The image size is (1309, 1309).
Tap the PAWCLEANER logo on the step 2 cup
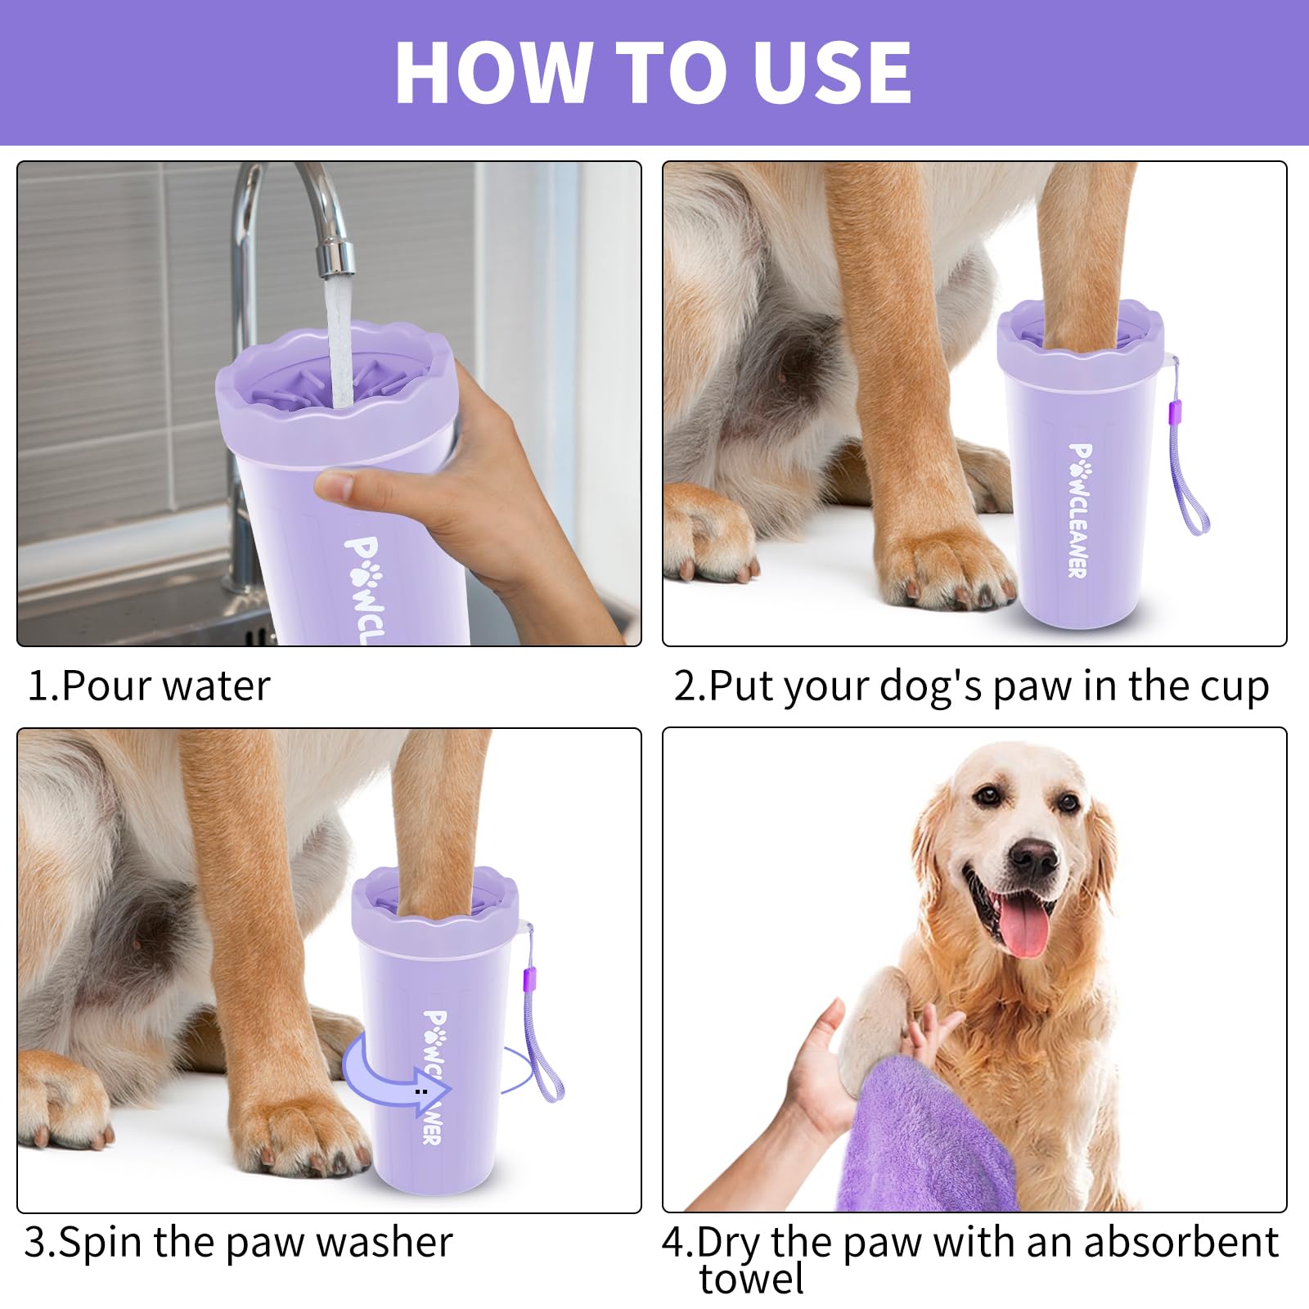click(1078, 511)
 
